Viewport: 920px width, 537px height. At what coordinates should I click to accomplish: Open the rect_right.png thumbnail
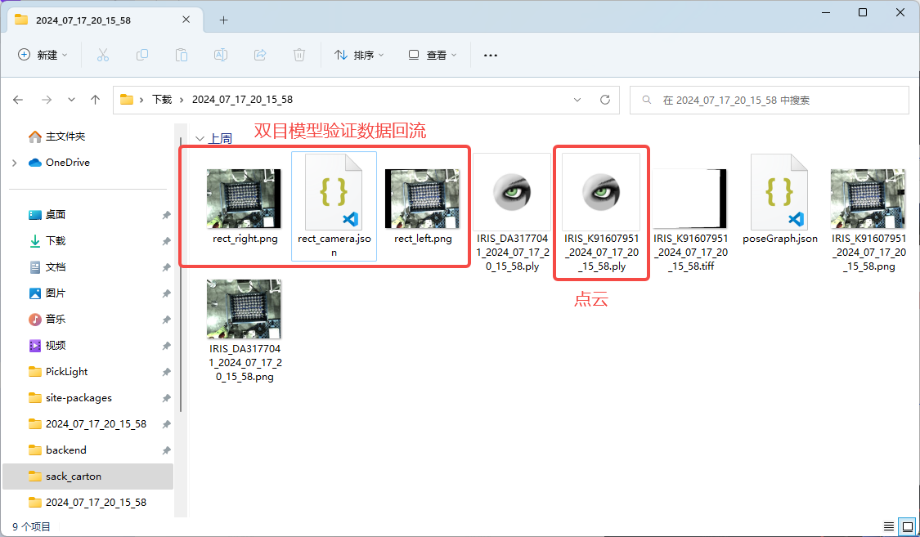click(244, 199)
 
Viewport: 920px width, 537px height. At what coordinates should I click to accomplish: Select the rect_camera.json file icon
click(334, 192)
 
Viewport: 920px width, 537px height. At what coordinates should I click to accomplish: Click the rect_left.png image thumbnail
click(423, 199)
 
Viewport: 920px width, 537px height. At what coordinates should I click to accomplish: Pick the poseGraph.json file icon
click(780, 192)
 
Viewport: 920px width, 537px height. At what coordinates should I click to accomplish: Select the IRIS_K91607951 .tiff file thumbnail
click(690, 199)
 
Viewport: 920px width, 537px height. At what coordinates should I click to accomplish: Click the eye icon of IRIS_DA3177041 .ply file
click(512, 192)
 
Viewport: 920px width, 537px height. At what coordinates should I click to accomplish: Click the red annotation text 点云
click(590, 300)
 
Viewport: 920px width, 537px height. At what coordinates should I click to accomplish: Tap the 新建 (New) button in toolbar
click(43, 55)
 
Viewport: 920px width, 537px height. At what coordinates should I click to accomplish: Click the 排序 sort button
click(359, 55)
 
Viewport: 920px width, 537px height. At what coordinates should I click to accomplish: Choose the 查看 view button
click(432, 55)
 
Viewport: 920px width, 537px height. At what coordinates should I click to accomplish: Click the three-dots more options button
click(491, 55)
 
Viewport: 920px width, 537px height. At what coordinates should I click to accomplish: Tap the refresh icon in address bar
click(605, 100)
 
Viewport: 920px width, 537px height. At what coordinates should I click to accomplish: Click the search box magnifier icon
click(647, 101)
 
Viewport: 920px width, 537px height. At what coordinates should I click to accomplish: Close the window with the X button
click(900, 12)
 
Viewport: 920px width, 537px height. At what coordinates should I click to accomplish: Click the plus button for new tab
click(223, 20)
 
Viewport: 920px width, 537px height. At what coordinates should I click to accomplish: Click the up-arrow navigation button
click(95, 100)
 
